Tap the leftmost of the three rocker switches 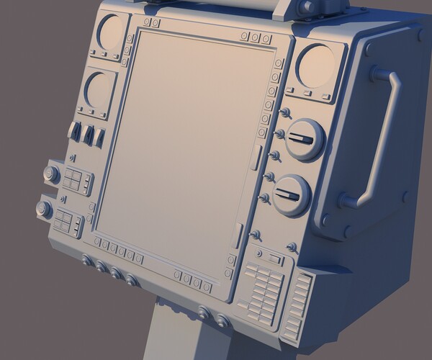point(73,131)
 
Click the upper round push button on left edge point(51,174)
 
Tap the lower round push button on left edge point(42,210)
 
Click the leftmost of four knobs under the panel point(87,261)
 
